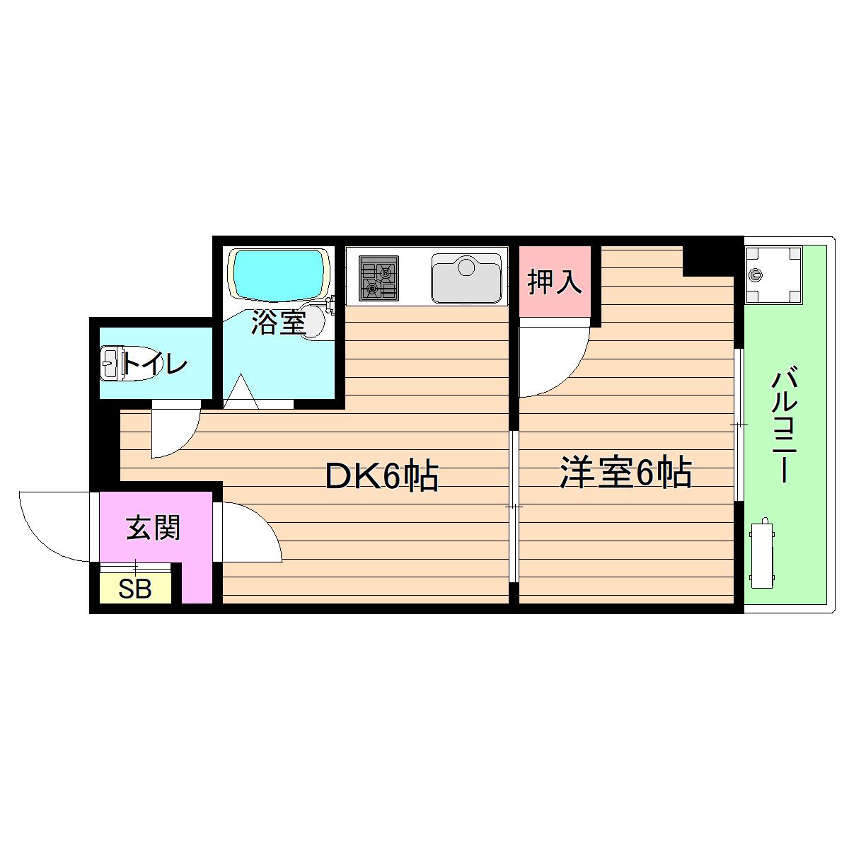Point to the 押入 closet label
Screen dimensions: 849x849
click(555, 282)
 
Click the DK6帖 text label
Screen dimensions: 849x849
click(382, 477)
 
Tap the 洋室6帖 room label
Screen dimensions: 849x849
click(625, 473)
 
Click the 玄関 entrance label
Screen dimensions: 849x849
click(154, 528)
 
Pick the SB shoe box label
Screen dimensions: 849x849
click(135, 589)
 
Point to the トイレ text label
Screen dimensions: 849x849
click(156, 364)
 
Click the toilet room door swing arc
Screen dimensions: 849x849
click(173, 432)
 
